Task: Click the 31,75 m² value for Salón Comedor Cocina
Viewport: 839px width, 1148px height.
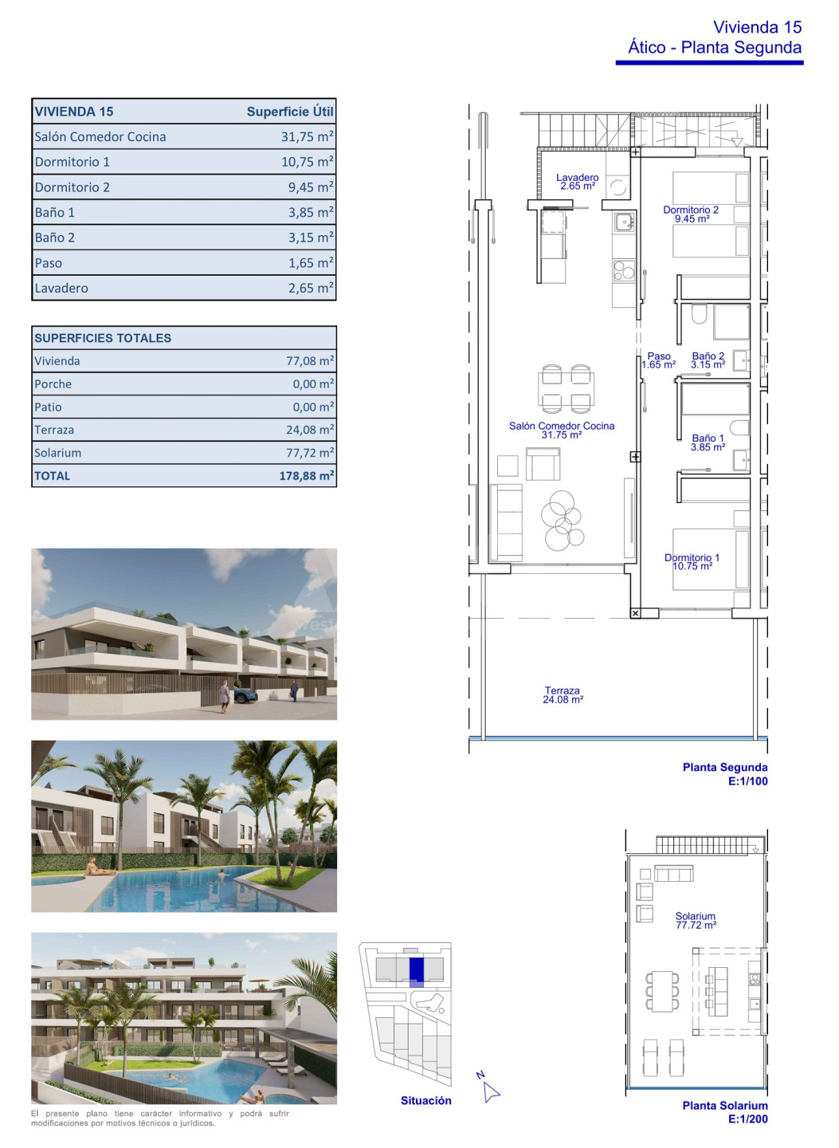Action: [308, 136]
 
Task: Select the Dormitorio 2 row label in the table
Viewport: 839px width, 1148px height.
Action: [73, 187]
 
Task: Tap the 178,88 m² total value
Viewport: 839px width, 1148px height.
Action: [307, 476]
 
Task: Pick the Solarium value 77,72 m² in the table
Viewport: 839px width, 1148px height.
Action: [310, 453]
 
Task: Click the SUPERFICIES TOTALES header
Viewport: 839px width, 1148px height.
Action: [103, 338]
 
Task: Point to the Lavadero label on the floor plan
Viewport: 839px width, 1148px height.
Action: [577, 182]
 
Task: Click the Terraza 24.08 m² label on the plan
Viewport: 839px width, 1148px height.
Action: [563, 695]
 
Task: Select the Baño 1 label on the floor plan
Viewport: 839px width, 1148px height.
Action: [708, 442]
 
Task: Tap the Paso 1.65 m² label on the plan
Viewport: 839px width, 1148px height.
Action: [659, 360]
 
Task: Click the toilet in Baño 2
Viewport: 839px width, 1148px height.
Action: [699, 313]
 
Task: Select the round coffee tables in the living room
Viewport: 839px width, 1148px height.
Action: [562, 520]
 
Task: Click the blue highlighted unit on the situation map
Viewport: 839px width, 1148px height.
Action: [417, 971]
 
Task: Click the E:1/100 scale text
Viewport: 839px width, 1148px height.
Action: [748, 781]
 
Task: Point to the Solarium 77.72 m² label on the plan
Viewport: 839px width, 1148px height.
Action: [696, 921]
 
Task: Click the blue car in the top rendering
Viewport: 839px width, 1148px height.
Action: [245, 695]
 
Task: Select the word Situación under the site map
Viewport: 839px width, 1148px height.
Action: [425, 1101]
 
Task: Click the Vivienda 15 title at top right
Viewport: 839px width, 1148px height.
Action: [757, 27]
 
